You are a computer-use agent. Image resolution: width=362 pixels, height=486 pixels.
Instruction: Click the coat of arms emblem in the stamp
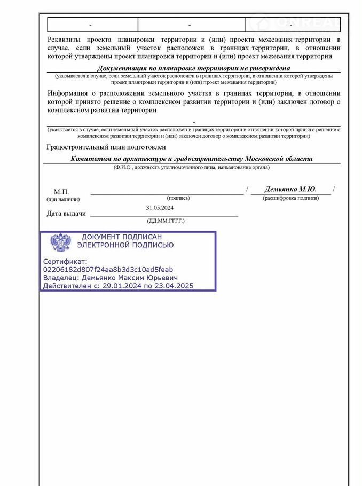[60, 242]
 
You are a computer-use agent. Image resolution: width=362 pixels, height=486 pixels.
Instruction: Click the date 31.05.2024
[160, 208]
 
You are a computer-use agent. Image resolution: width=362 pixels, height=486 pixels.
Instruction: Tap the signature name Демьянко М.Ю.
[290, 189]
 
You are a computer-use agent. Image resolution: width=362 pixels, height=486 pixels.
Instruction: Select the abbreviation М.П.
[61, 192]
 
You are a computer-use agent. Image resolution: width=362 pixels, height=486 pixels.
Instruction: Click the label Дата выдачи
[66, 214]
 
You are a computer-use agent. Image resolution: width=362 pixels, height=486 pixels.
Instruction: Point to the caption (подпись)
[178, 198]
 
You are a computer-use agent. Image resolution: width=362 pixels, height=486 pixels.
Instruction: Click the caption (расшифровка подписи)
[290, 198]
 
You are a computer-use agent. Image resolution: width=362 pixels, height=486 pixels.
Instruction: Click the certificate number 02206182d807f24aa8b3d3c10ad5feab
[108, 270]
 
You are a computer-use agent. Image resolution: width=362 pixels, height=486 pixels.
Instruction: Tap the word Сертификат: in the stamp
[64, 262]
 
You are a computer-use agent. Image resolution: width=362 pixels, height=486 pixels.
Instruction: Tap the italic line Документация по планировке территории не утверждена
[193, 68]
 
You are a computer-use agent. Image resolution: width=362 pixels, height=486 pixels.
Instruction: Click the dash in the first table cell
[91, 25]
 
